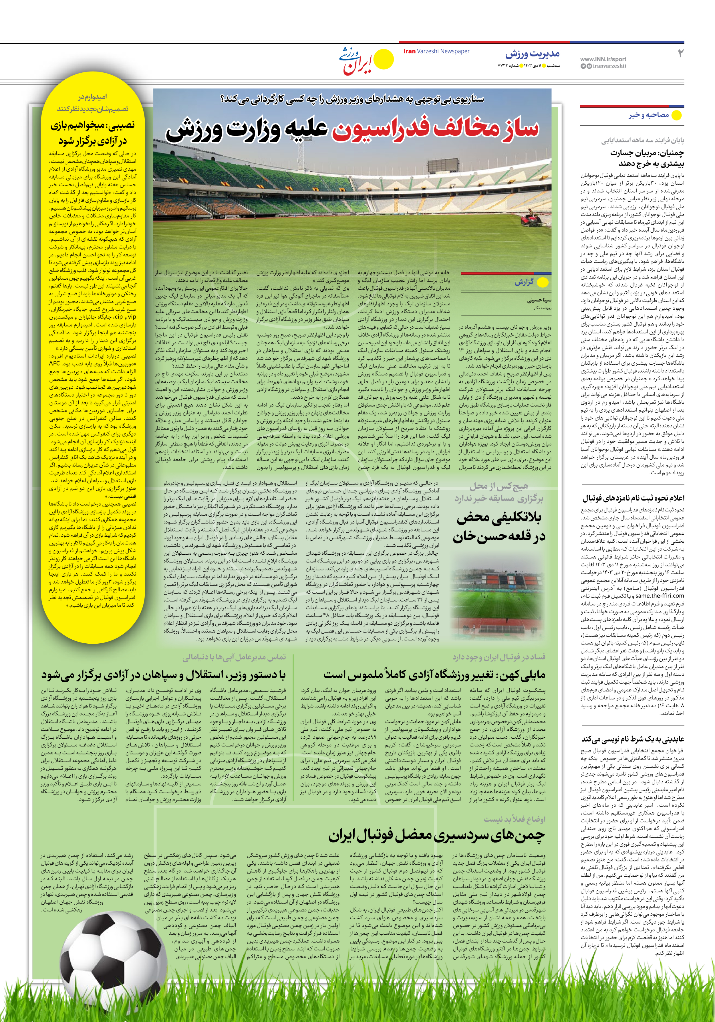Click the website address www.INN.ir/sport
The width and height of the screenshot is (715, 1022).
[x=603, y=59]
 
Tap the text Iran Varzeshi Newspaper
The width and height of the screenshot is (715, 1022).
[x=436, y=51]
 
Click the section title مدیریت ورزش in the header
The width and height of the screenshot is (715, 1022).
[x=532, y=54]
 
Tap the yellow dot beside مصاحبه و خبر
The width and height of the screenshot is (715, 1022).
[x=676, y=115]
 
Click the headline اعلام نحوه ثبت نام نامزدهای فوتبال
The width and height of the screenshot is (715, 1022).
[x=633, y=498]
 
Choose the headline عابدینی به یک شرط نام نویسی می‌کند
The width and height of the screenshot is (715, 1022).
[x=633, y=739]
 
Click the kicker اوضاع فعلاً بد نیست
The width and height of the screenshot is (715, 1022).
[x=514, y=819]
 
